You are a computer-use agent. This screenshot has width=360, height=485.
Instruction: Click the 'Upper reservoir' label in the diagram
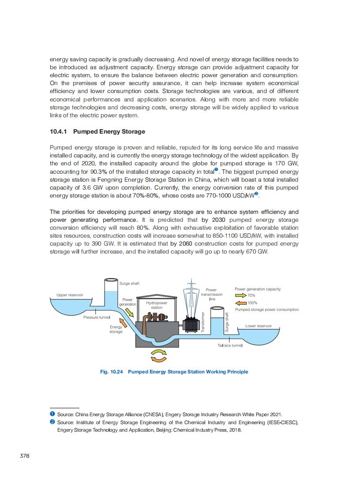click(x=70, y=295)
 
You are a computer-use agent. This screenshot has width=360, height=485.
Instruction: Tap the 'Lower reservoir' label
click(x=259, y=326)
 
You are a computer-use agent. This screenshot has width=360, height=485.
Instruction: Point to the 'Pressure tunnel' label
click(x=97, y=317)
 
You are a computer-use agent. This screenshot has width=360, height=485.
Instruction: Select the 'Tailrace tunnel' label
click(x=230, y=345)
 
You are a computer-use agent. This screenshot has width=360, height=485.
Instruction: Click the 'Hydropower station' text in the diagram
click(x=157, y=305)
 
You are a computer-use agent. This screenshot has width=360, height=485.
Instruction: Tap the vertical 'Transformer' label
click(x=203, y=325)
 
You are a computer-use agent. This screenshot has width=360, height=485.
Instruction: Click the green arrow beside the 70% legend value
click(x=241, y=295)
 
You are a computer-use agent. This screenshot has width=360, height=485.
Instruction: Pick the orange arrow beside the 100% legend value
click(x=241, y=303)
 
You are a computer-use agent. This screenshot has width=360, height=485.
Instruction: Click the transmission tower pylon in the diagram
click(x=191, y=295)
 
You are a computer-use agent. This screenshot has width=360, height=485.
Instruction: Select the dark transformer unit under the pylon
click(x=191, y=325)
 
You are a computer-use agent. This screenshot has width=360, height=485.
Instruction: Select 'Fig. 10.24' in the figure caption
click(x=112, y=372)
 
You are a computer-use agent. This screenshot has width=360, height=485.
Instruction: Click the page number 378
click(x=25, y=455)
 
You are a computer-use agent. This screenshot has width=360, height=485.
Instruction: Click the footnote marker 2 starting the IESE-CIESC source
click(x=52, y=422)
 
